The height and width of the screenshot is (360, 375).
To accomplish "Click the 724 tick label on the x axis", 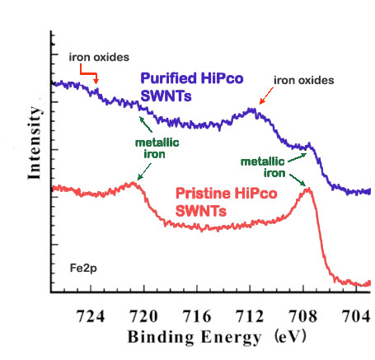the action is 91,316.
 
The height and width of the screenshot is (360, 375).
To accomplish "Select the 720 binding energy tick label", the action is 143,316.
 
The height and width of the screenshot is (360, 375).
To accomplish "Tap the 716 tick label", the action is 197,316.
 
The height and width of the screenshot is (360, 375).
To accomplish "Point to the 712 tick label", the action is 250,316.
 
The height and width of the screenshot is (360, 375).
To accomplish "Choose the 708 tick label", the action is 303,316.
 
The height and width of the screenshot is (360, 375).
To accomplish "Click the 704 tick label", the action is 356,316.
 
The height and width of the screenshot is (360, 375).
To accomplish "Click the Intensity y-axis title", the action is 35,143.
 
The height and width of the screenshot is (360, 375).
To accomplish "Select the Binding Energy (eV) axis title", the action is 217,337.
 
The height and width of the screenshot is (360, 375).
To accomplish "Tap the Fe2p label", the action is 83,269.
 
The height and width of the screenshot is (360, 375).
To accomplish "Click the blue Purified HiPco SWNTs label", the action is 192,86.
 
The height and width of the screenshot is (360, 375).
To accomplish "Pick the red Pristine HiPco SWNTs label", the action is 226,202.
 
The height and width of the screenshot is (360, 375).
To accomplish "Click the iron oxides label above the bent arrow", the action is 99,58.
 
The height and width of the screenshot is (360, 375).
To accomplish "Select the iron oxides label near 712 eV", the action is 304,81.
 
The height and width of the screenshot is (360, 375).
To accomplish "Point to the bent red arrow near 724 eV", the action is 88,73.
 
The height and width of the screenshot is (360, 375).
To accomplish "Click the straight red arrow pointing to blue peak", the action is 266,96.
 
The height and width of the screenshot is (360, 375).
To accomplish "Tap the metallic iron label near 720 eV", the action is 157,148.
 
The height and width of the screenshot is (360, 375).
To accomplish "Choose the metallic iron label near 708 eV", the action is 263,167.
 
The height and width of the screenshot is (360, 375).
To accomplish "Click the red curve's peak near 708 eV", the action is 307,189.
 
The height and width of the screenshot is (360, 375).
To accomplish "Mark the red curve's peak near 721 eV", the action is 133,183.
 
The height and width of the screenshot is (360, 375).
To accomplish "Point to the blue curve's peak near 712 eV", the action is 251,110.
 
